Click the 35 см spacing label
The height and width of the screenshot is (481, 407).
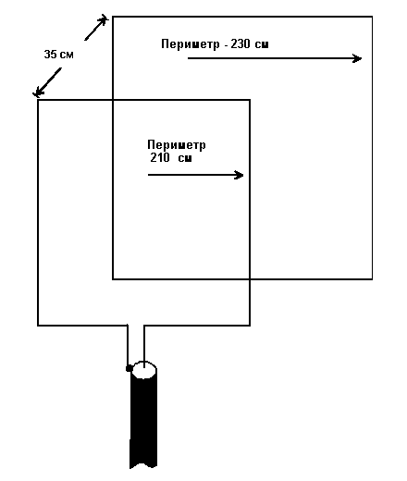pyautogui.click(x=59, y=55)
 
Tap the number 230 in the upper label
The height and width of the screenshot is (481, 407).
pyautogui.click(x=240, y=43)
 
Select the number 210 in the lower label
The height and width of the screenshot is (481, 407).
pyautogui.click(x=160, y=157)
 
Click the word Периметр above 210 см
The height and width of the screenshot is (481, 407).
pyautogui.click(x=177, y=145)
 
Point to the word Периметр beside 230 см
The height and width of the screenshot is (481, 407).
pyautogui.click(x=191, y=44)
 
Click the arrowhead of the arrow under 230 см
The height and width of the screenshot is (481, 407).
pyautogui.click(x=357, y=58)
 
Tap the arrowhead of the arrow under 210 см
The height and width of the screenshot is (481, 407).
pyautogui.click(x=240, y=175)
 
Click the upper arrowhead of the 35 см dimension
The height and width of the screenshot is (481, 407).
pyautogui.click(x=103, y=20)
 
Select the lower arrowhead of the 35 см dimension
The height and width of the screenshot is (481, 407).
pyautogui.click(x=38, y=92)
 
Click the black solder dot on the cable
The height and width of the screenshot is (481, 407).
pyautogui.click(x=129, y=368)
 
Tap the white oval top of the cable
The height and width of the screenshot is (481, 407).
pyautogui.click(x=143, y=370)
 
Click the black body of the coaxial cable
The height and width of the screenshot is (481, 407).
pyautogui.click(x=143, y=423)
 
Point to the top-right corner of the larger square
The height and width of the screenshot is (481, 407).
pyautogui.click(x=372, y=17)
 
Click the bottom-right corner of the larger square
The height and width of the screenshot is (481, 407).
pyautogui.click(x=372, y=279)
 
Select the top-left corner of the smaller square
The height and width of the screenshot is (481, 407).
pyautogui.click(x=38, y=100)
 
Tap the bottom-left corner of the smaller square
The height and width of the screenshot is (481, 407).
pyautogui.click(x=38, y=325)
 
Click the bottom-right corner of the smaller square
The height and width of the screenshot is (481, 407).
pyautogui.click(x=250, y=325)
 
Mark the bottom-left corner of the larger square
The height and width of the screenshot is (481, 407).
pyautogui.click(x=113, y=279)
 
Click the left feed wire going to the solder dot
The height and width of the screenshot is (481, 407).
pyautogui.click(x=128, y=345)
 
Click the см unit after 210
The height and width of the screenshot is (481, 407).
pyautogui.click(x=185, y=158)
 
